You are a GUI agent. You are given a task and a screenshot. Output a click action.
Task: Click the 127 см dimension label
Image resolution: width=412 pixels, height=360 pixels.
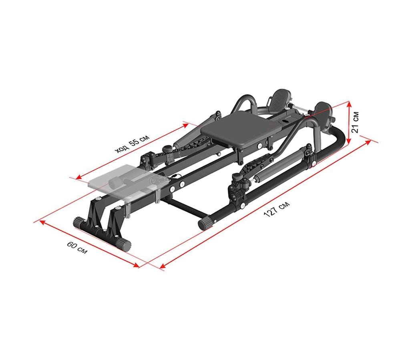pos(277,209)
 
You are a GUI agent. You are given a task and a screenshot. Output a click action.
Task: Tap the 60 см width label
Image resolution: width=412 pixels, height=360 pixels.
pos(77,248)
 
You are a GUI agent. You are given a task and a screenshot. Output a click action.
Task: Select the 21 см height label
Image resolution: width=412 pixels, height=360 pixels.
pos(355,122)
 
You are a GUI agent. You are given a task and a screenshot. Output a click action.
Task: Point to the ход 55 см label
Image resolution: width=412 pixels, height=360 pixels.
pos(132,144)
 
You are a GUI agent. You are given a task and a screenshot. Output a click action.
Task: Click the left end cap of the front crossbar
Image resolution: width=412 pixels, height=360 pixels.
pos(78,223)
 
